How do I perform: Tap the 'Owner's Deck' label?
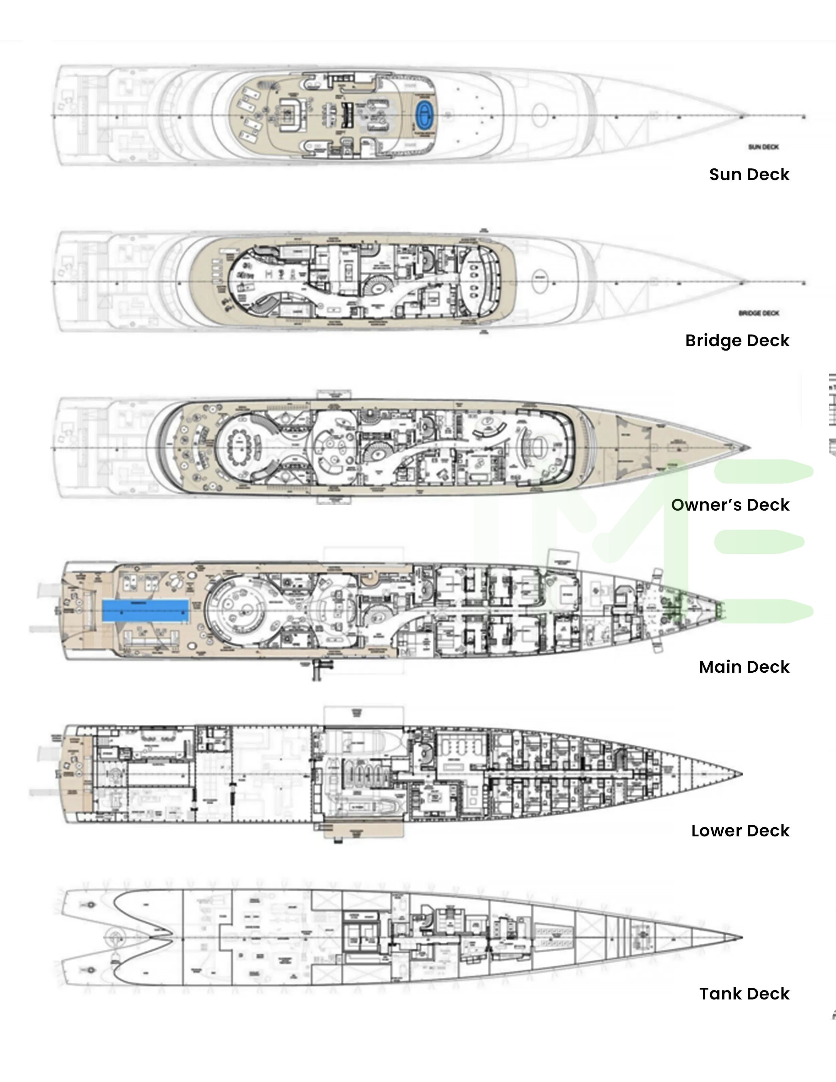(x=730, y=505)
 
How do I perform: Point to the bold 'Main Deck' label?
(x=744, y=667)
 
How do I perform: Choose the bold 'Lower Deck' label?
(x=740, y=831)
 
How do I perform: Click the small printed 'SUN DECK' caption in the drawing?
(x=763, y=147)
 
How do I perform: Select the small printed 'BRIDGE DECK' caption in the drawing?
(x=759, y=313)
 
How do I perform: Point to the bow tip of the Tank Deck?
(x=741, y=937)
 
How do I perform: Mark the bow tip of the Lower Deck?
(x=741, y=774)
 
